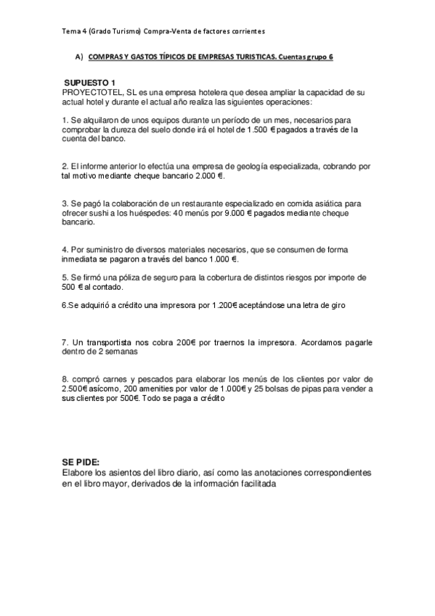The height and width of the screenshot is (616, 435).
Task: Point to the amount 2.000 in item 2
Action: [x=206, y=175]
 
